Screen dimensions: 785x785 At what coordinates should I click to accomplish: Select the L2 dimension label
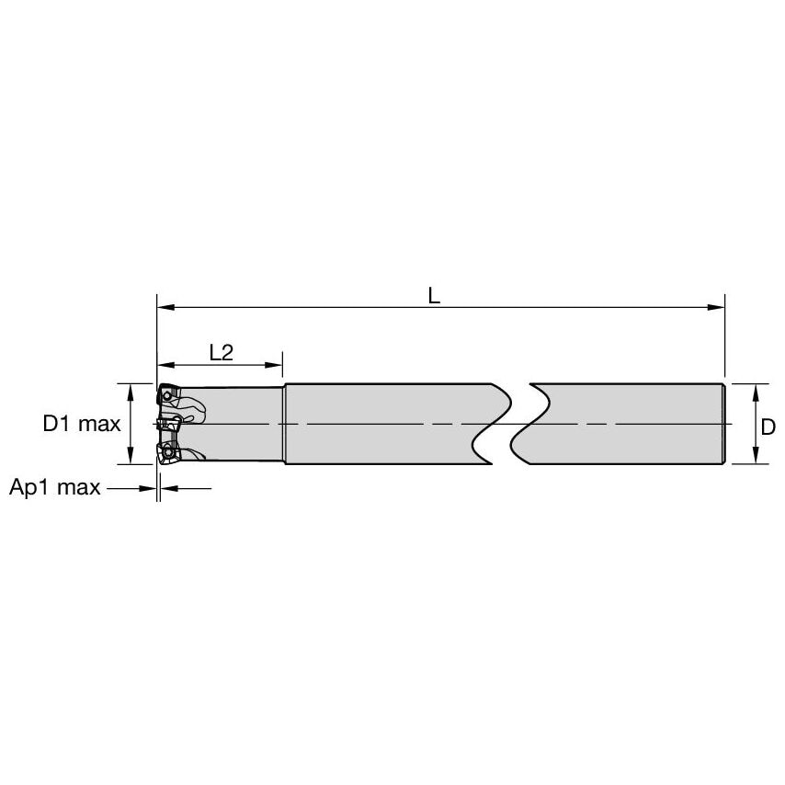221,351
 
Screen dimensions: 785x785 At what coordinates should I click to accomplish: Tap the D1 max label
82,424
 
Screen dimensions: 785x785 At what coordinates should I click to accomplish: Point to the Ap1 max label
54,488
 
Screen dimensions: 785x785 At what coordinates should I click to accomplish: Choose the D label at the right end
768,424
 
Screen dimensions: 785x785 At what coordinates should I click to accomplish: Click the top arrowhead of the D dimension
756,390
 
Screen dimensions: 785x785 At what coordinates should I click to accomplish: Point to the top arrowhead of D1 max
131,390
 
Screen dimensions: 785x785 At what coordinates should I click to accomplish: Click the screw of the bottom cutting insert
169,451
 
